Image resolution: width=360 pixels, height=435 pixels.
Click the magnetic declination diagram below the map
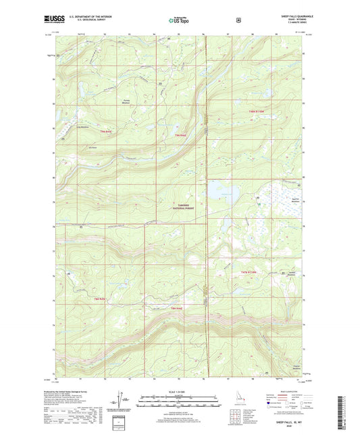[x=125, y=403]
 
